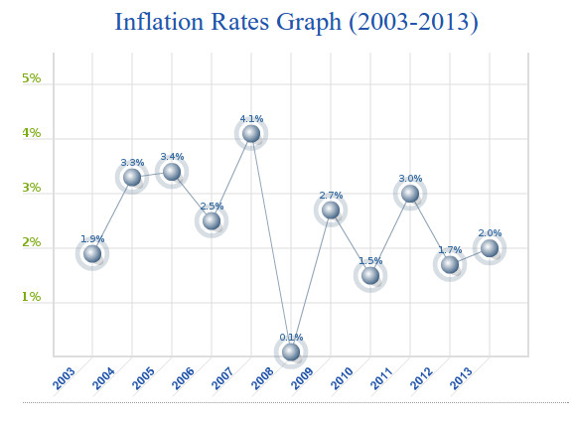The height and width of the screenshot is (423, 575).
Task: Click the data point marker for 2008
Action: tap(291, 352)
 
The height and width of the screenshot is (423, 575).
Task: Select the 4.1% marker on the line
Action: tap(251, 133)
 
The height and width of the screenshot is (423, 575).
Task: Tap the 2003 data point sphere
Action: tap(92, 253)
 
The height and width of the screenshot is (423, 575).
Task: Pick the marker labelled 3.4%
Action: tap(172, 172)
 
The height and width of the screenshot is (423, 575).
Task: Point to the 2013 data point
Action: tap(490, 247)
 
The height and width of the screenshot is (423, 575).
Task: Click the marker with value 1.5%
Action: tap(370, 275)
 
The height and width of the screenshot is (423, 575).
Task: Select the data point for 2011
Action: tap(410, 194)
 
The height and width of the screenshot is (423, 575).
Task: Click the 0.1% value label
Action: tap(291, 338)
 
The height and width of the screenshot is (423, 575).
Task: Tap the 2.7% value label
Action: tap(331, 196)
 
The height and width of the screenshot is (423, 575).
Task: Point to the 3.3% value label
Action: tap(132, 163)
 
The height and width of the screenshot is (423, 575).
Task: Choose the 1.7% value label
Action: tap(450, 250)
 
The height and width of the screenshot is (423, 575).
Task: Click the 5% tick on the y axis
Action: tap(32, 78)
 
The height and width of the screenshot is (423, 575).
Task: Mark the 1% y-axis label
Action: tap(32, 297)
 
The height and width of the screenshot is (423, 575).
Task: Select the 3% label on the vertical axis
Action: tap(32, 188)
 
